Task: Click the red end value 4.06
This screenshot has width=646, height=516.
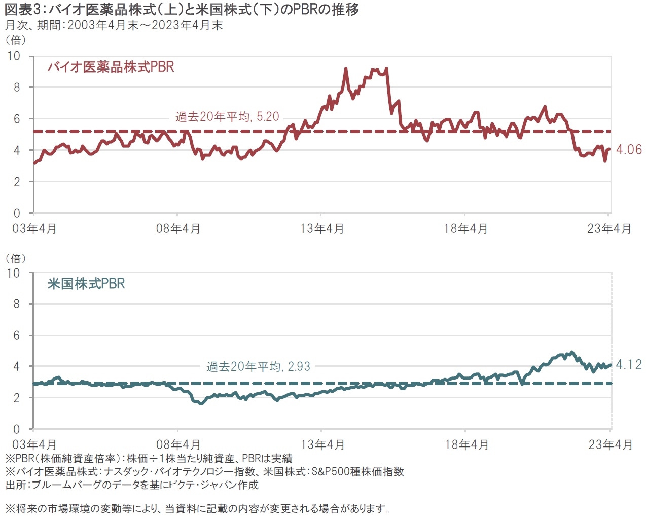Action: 629,150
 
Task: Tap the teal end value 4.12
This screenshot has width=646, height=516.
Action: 629,365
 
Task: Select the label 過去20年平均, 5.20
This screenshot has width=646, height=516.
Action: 227,117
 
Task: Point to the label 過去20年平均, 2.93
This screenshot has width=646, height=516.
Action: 258,366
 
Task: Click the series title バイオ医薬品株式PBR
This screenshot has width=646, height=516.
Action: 111,67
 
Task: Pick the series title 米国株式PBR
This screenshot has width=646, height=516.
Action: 86,284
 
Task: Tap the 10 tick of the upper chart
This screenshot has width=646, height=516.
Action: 14,56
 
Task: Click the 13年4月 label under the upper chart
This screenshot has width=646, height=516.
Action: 322,229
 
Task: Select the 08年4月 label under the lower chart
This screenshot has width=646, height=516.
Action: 178,445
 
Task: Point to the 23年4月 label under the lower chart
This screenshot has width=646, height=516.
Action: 610,445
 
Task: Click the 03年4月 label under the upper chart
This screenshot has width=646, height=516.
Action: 34,229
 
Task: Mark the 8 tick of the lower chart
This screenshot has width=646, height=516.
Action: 17,304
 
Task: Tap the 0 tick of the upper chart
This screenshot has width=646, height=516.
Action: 17,213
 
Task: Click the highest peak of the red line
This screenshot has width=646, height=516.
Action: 346,69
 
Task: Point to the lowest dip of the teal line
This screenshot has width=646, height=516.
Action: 201,403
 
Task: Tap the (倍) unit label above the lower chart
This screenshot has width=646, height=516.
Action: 16,258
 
